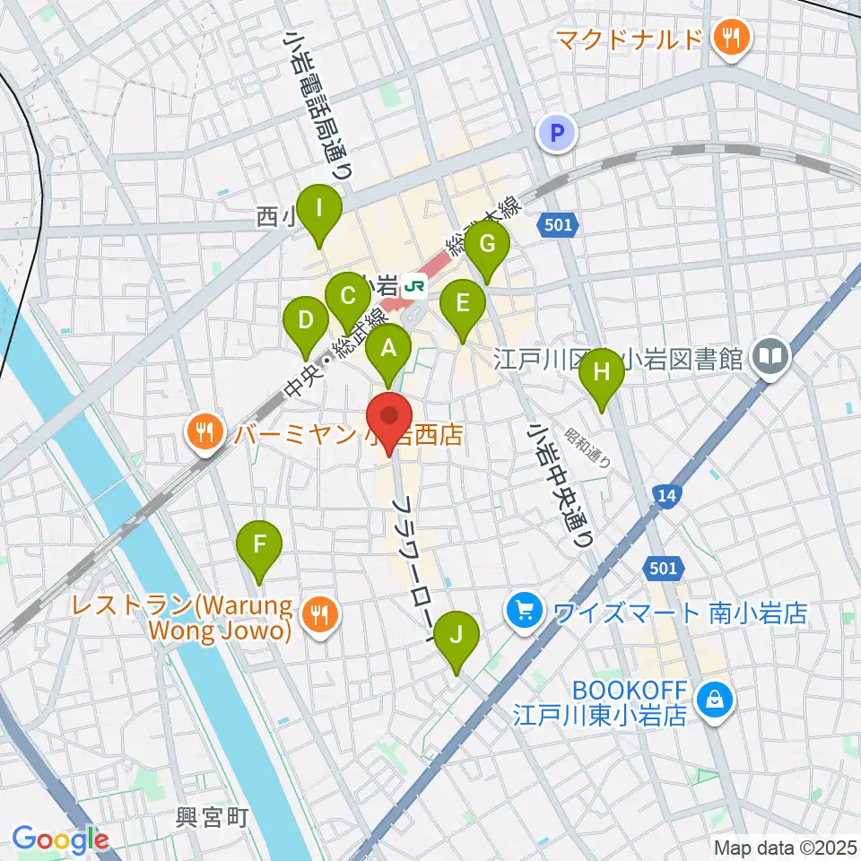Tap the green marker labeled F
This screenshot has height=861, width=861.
[259, 545]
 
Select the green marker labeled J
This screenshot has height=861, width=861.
[457, 636]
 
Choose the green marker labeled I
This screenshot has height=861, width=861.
[319, 210]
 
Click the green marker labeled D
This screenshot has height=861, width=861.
[306, 321]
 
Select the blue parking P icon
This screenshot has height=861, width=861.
[557, 135]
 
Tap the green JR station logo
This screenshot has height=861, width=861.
[415, 286]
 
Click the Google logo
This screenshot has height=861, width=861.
[60, 839]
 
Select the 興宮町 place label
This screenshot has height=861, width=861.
[211, 819]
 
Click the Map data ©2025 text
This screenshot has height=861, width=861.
[785, 848]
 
